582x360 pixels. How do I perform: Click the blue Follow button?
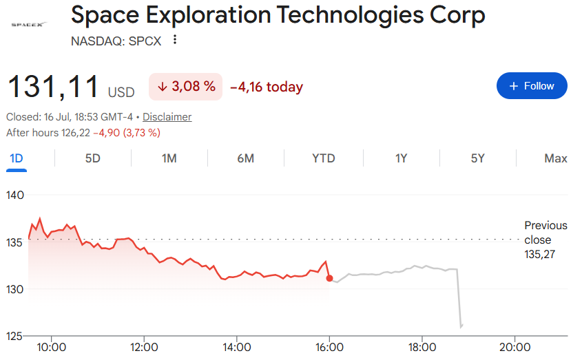[532, 86]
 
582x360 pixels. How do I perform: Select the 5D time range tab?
[93, 158]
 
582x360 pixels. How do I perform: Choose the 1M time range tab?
[169, 158]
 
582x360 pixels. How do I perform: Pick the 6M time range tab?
[246, 158]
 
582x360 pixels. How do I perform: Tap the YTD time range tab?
[324, 158]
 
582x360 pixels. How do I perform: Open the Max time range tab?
[556, 158]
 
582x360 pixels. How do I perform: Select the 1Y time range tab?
[401, 158]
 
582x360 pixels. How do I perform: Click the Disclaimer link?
[167, 117]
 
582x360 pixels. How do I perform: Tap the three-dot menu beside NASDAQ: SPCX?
[175, 39]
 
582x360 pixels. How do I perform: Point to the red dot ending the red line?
[329, 278]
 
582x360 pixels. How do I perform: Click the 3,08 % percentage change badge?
[185, 87]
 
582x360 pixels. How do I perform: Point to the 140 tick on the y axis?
[15, 195]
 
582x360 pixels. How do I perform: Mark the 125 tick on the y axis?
[15, 336]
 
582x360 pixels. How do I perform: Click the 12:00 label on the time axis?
[144, 348]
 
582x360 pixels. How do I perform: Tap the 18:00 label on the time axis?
[422, 348]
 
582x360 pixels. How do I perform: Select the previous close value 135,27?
[540, 255]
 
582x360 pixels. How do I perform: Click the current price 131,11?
[53, 87]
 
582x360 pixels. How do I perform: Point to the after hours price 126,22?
[76, 133]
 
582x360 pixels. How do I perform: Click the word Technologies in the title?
[350, 15]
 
